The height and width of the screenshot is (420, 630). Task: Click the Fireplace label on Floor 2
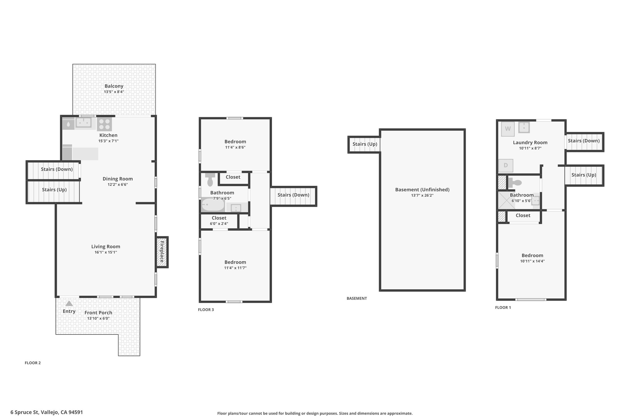161,252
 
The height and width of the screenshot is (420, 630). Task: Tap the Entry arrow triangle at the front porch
69,303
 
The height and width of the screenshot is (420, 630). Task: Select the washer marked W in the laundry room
508,129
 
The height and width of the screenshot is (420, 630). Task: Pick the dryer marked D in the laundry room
506,166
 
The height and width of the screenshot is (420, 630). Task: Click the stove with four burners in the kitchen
104,124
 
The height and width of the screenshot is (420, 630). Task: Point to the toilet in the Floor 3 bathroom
210,179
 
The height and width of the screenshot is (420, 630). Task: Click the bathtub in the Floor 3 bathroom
213,205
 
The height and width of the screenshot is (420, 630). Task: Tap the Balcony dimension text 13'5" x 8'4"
114,92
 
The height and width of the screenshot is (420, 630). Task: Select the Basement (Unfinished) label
422,190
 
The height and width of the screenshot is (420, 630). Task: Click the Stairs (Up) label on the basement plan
365,144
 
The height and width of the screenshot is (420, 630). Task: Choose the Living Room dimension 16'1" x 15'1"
106,252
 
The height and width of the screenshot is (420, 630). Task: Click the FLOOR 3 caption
206,310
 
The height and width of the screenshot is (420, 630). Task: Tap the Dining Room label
118,179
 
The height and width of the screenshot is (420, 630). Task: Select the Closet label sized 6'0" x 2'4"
219,218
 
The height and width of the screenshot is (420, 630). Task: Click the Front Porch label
98,313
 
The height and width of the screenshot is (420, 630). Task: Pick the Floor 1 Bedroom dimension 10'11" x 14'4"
532,261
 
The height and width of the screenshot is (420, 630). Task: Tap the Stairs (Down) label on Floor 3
293,195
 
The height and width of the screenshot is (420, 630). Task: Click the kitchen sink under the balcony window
84,123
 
